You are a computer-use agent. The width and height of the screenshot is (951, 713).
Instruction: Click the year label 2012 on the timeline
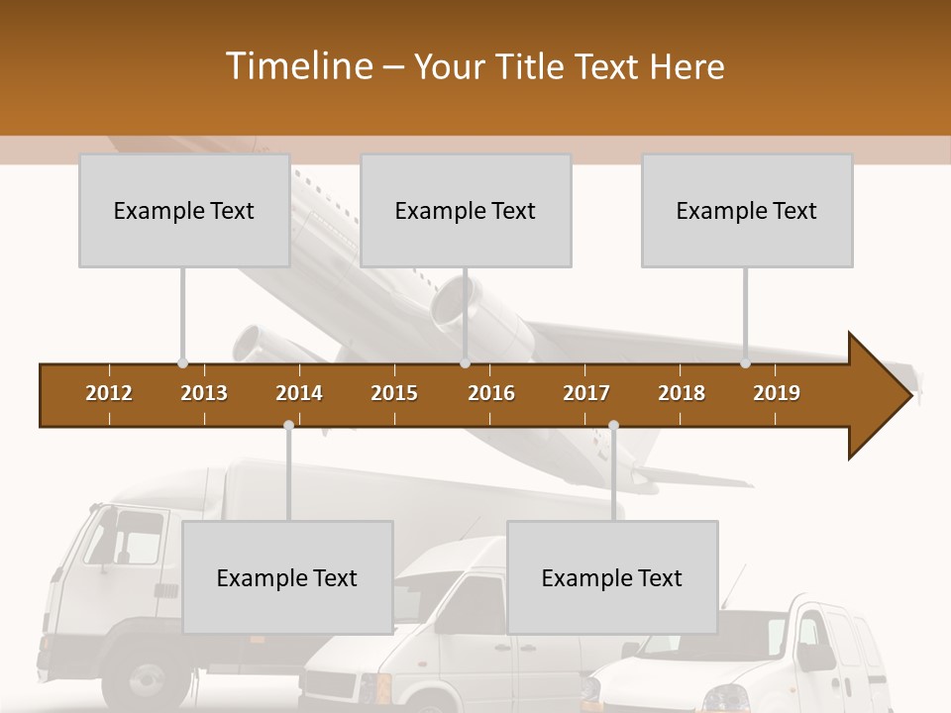click(x=109, y=393)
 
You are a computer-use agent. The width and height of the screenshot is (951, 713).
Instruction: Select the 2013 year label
click(x=204, y=393)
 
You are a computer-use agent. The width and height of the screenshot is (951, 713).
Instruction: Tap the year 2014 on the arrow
click(x=299, y=393)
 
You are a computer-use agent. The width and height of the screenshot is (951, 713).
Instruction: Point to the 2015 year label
click(x=394, y=393)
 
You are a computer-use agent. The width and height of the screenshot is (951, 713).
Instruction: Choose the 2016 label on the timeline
click(x=491, y=393)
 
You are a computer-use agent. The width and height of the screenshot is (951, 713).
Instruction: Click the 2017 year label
click(x=586, y=393)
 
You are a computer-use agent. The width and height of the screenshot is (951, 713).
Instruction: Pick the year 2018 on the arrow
click(x=682, y=393)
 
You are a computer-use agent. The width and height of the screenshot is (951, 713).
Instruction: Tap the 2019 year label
click(x=777, y=393)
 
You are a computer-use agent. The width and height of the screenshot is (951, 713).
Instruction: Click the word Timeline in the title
click(x=296, y=66)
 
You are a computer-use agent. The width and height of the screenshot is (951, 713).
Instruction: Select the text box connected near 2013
click(x=184, y=211)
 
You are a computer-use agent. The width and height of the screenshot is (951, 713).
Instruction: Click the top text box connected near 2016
click(x=466, y=211)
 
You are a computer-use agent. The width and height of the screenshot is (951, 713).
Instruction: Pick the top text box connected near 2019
click(x=747, y=211)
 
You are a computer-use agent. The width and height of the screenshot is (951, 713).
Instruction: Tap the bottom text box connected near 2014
click(x=287, y=578)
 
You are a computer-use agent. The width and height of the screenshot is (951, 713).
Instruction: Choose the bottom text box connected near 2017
click(x=612, y=578)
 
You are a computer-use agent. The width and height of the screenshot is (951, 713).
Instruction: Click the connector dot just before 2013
click(x=182, y=362)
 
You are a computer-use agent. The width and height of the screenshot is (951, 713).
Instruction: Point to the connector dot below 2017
click(x=613, y=426)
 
